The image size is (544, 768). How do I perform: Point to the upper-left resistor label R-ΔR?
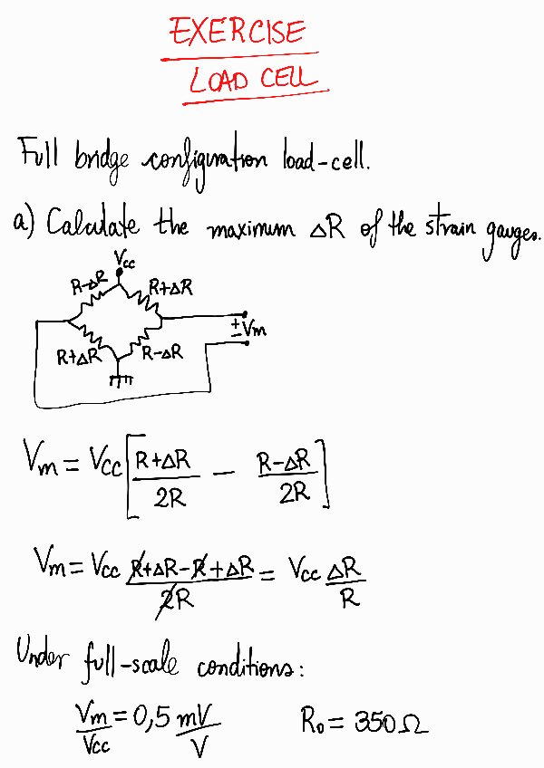pyautogui.click(x=89, y=287)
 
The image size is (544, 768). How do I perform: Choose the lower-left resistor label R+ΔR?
pyautogui.click(x=76, y=356)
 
